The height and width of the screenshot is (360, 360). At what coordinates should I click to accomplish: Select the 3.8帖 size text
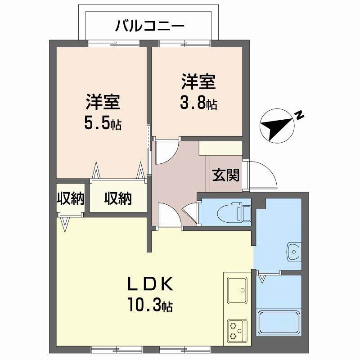tap(199, 104)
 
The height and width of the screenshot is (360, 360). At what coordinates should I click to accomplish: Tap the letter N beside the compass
tap(298, 116)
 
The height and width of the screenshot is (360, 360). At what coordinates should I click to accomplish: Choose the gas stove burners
tap(236, 330)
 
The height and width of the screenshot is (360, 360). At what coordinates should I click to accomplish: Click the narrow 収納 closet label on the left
tap(71, 198)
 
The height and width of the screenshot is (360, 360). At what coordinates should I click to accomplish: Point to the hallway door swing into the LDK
tap(169, 215)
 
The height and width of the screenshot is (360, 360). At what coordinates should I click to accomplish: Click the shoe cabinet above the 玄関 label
tap(220, 148)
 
